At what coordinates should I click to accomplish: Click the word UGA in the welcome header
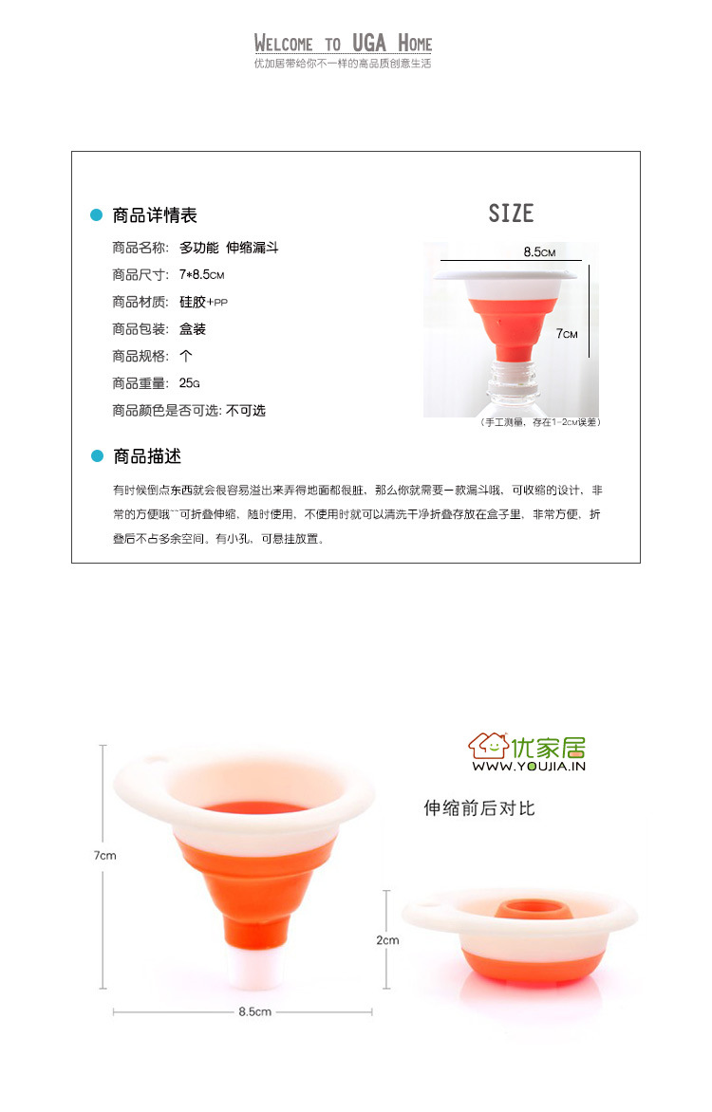point(369,44)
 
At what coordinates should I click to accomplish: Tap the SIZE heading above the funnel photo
point(511,213)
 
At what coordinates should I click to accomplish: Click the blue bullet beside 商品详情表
point(97,214)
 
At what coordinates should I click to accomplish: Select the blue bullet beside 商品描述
point(97,456)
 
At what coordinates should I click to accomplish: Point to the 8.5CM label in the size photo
point(539,251)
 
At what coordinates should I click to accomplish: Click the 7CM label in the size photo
point(567,333)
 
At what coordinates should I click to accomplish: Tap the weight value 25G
point(190,383)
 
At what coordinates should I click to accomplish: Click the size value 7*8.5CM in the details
point(201,274)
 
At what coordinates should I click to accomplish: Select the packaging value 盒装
point(193,329)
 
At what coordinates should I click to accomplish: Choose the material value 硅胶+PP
point(204,302)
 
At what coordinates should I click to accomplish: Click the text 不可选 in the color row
point(246,411)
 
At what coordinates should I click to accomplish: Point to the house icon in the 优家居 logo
point(488,746)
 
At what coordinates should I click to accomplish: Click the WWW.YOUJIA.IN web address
point(529,766)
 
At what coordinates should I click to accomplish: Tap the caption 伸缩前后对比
point(479,808)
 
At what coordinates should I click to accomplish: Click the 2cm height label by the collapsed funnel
point(387,940)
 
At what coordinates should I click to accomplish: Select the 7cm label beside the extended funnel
point(105,856)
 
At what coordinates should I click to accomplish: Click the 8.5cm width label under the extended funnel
point(254,1012)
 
